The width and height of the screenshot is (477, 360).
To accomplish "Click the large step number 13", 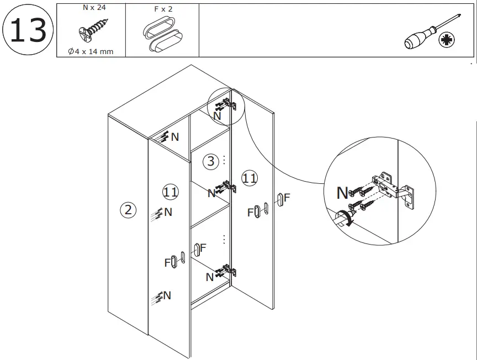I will [28, 30].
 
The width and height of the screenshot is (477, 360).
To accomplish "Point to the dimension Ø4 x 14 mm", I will [91, 51].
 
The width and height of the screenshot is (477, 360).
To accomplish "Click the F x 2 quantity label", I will [163, 9].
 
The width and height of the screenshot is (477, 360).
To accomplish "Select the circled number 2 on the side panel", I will [128, 210].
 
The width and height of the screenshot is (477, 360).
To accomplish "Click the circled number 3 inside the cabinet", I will [210, 161].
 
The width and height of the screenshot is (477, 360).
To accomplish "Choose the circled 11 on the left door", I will [171, 192].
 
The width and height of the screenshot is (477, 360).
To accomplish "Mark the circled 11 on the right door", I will [250, 178].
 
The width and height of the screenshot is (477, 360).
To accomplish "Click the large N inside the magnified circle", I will [343, 193].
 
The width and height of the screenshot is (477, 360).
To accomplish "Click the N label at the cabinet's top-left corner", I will [174, 137].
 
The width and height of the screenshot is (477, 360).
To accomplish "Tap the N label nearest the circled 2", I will [168, 211].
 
